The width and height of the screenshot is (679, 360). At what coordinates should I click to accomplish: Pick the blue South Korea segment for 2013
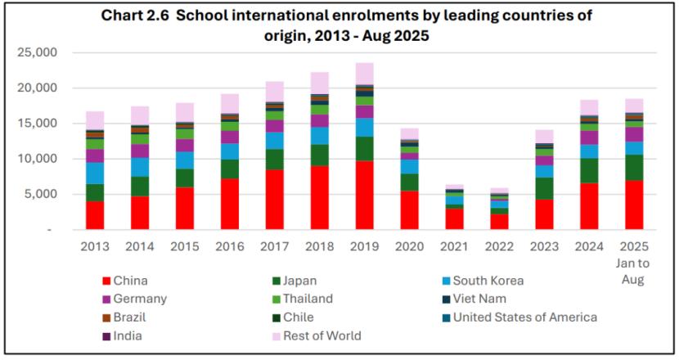pos(95,173)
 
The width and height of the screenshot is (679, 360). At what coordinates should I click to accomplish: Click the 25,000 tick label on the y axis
pos(37,52)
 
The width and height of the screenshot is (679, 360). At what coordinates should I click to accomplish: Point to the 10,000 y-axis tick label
pos(37,159)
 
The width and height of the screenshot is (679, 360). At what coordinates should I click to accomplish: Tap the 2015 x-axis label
pos(185,245)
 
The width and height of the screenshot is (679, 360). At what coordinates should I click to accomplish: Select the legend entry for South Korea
pos(487,281)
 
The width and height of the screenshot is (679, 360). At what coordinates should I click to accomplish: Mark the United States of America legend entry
pos(524,317)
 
